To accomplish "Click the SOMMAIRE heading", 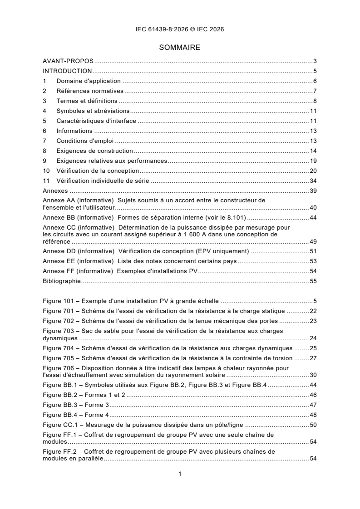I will pos(180,47).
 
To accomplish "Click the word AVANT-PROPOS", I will pos(68,61).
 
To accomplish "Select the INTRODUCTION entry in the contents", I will pos(67,71).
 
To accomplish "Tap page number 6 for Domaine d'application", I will pos(315,81).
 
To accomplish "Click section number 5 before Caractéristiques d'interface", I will pos(44,121).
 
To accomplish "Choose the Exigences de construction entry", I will pos(94,151).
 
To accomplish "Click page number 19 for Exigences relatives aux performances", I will pos(313,161).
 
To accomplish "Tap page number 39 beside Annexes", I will pos(313,191).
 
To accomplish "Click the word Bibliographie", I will pos(62,281).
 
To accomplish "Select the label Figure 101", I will pos(59,301).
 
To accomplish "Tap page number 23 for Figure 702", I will pos(313,321).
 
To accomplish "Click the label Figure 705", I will pos(59,357).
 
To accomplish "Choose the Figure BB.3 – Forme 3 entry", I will pos(76,405).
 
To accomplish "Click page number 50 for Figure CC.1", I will pos(313,425).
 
